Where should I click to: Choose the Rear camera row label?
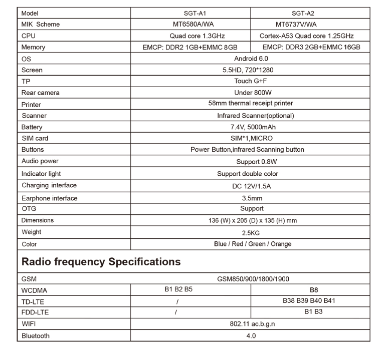tap(41, 93)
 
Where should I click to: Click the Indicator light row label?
tap(41, 174)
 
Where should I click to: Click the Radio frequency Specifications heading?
tap(101, 262)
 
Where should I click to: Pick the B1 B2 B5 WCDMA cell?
tap(178, 289)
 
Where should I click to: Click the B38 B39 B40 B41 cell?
tap(309, 301)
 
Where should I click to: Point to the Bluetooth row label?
tap(36, 336)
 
